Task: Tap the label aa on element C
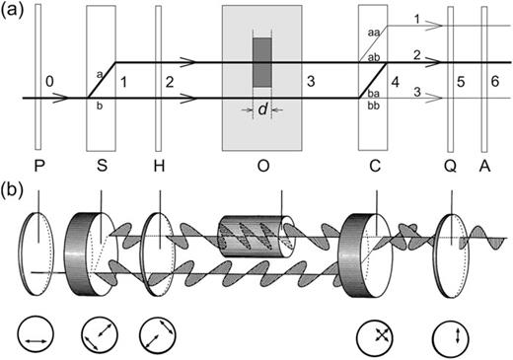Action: (x=372, y=33)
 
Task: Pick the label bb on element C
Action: (x=372, y=105)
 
